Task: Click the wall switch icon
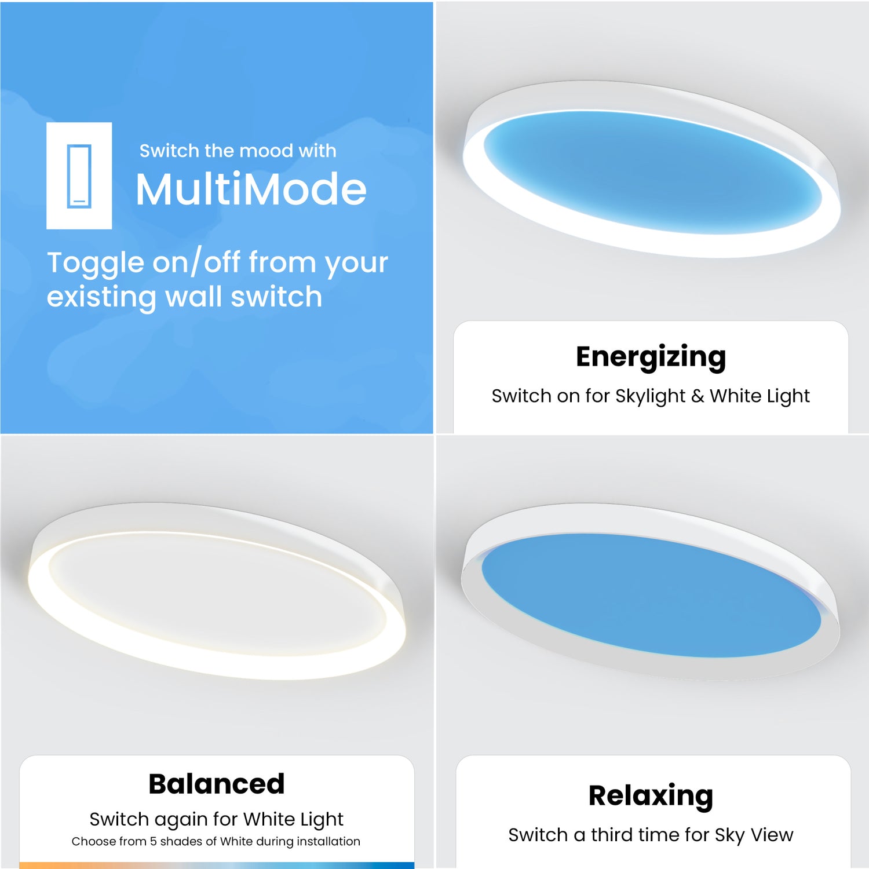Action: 79,176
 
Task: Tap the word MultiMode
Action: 251,189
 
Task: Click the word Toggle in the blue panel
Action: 96,264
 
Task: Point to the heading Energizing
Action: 651,357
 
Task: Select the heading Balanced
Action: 217,784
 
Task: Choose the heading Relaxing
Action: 651,795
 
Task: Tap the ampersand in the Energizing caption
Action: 698,396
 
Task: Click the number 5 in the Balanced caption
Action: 153,841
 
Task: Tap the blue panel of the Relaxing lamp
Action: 651,594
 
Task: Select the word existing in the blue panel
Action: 101,297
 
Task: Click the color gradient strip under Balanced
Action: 217,865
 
